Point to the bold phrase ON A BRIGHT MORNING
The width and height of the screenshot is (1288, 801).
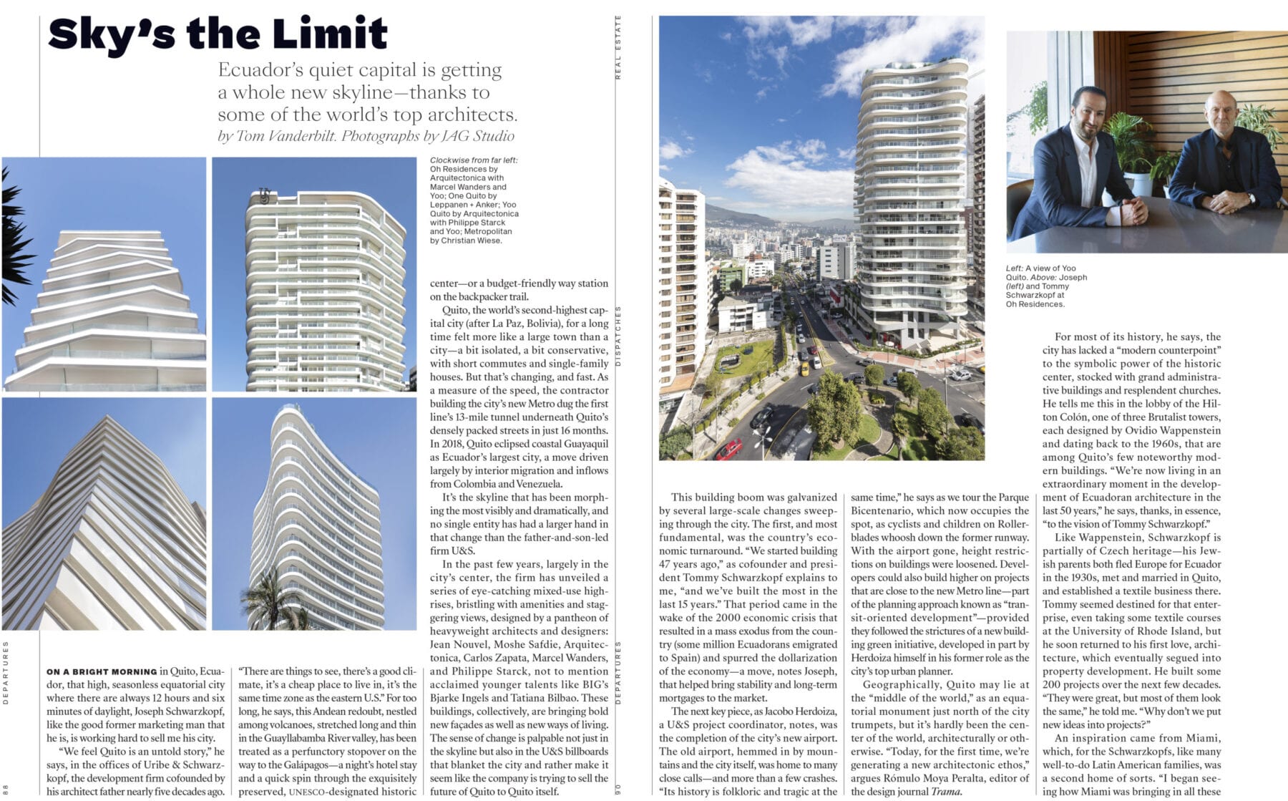click(x=101, y=672)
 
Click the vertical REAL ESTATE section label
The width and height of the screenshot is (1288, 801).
click(x=618, y=47)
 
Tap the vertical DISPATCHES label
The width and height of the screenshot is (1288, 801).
click(x=618, y=336)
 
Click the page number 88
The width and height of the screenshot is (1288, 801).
click(x=6, y=788)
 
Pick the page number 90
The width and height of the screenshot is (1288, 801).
click(x=618, y=790)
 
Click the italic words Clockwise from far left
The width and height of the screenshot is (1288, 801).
click(x=474, y=160)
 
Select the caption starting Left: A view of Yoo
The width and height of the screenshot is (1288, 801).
click(x=1045, y=286)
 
